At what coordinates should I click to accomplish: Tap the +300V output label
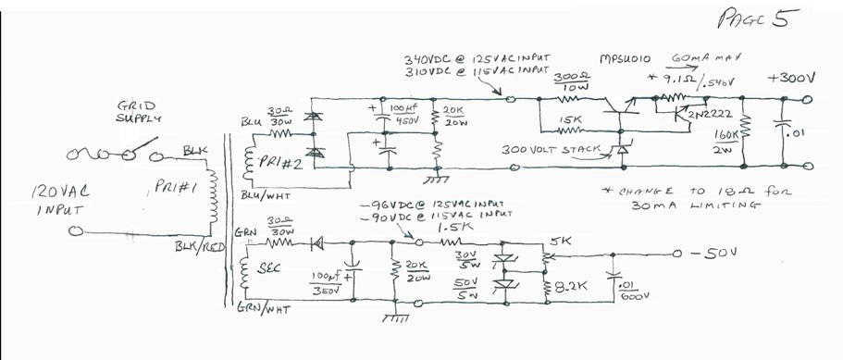[791, 80]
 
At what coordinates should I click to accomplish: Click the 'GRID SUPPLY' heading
[138, 113]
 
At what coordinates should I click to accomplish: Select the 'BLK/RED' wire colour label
[195, 248]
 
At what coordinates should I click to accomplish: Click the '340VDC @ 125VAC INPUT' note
[472, 58]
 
